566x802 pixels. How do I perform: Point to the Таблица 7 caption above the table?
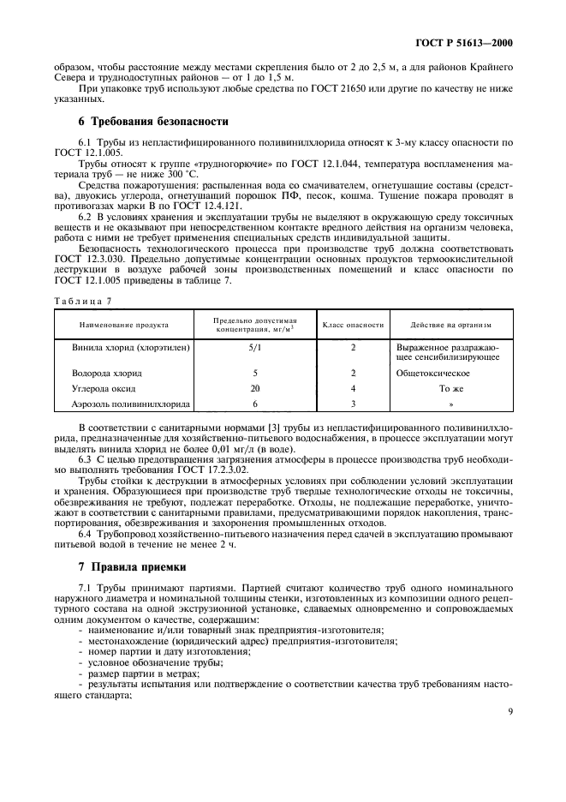click(82, 300)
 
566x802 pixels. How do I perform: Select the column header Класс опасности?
click(353, 325)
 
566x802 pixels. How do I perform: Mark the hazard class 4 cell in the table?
click(353, 387)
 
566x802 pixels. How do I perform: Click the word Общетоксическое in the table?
click(433, 374)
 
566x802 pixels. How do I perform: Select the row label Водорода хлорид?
click(107, 374)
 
